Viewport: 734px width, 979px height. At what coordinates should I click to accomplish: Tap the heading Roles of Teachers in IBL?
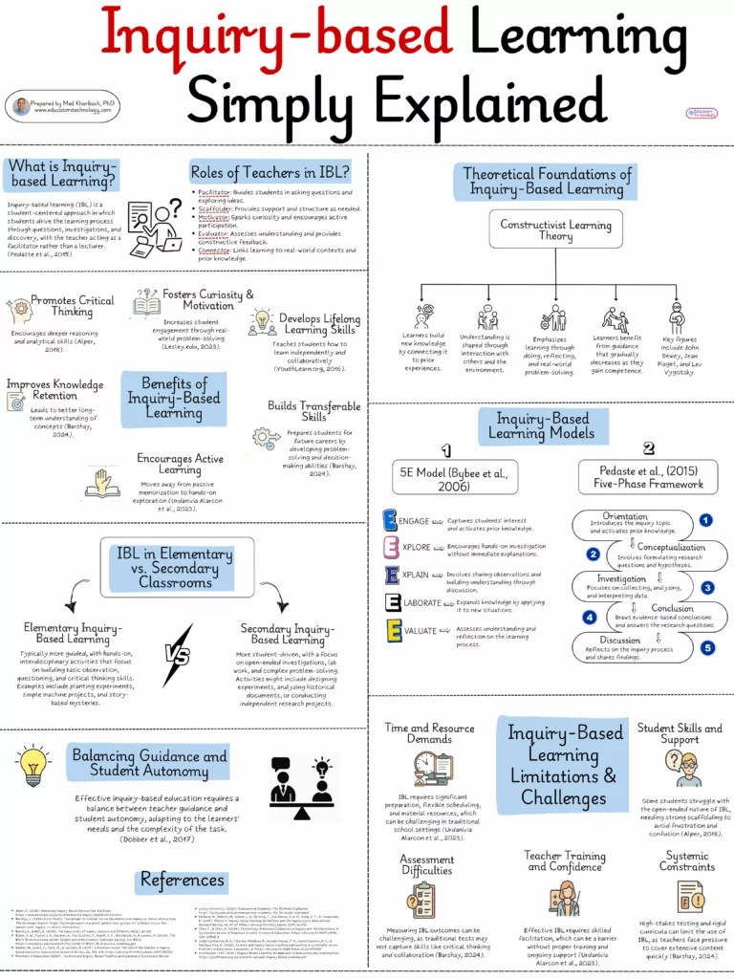[270, 173]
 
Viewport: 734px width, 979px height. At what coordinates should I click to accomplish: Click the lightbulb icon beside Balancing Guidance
[33, 762]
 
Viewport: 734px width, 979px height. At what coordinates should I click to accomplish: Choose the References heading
[182, 881]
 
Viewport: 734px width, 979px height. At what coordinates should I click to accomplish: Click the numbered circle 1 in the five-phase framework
[705, 520]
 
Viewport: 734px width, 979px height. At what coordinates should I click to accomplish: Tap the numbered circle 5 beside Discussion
[706, 648]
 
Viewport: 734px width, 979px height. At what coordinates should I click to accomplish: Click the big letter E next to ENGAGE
[390, 521]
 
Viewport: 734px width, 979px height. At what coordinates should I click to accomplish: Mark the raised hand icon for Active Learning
[102, 483]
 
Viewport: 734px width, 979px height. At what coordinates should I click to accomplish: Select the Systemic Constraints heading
[686, 860]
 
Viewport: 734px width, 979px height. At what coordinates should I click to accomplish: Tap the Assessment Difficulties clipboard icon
[421, 900]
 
